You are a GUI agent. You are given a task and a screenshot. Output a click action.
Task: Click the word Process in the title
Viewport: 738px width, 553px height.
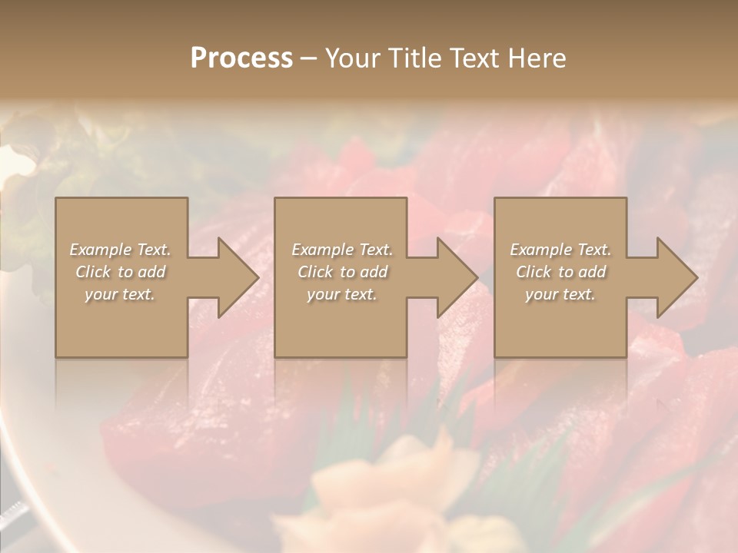[x=241, y=58]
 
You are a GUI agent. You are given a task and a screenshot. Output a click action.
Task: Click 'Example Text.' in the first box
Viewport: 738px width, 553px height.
[x=121, y=250]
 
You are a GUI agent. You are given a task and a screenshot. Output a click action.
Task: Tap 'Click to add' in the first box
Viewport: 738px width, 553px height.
[x=121, y=272]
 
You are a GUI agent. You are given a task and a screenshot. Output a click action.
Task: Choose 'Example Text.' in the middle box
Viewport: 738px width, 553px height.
[x=342, y=250]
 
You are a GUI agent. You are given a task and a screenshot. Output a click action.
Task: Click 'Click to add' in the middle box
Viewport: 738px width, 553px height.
[x=342, y=272]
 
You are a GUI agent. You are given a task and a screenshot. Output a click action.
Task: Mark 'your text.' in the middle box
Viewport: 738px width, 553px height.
[x=342, y=294]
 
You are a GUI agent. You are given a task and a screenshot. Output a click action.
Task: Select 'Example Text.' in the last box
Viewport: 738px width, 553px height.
[x=560, y=250]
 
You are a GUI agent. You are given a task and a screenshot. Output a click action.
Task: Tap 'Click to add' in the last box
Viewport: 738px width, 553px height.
[x=560, y=272]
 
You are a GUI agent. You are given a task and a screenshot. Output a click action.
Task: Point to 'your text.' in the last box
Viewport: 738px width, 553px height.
[x=560, y=294]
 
